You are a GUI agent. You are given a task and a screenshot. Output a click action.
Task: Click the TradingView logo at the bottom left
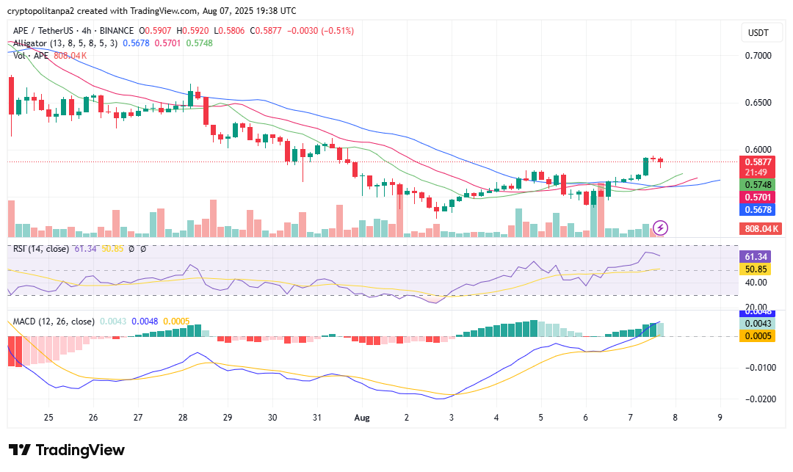[x=67, y=450]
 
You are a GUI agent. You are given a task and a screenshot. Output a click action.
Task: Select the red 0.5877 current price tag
[x=757, y=161]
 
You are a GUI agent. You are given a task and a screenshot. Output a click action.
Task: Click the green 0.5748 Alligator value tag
[x=757, y=184]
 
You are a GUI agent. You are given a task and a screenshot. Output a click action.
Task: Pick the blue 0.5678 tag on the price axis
[x=757, y=210]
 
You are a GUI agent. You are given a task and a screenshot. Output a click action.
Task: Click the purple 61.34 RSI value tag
[x=757, y=256]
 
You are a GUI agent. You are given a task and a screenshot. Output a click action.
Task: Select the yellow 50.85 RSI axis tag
[x=757, y=269]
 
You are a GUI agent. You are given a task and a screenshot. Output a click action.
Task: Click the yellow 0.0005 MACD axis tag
[x=757, y=335]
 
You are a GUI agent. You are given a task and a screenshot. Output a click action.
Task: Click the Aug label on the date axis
[x=361, y=417]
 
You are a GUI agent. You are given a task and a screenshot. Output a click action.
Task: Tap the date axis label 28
[x=182, y=417]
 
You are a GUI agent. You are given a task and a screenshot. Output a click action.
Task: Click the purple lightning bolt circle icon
[x=660, y=228]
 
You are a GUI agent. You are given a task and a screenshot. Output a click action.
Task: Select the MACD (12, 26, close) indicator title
[x=53, y=322]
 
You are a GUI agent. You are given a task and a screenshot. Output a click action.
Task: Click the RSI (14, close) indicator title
[x=40, y=249]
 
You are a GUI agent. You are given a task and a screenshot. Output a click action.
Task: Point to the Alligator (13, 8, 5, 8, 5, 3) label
[x=65, y=43]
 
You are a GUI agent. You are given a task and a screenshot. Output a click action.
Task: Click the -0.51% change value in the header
[x=336, y=31]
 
